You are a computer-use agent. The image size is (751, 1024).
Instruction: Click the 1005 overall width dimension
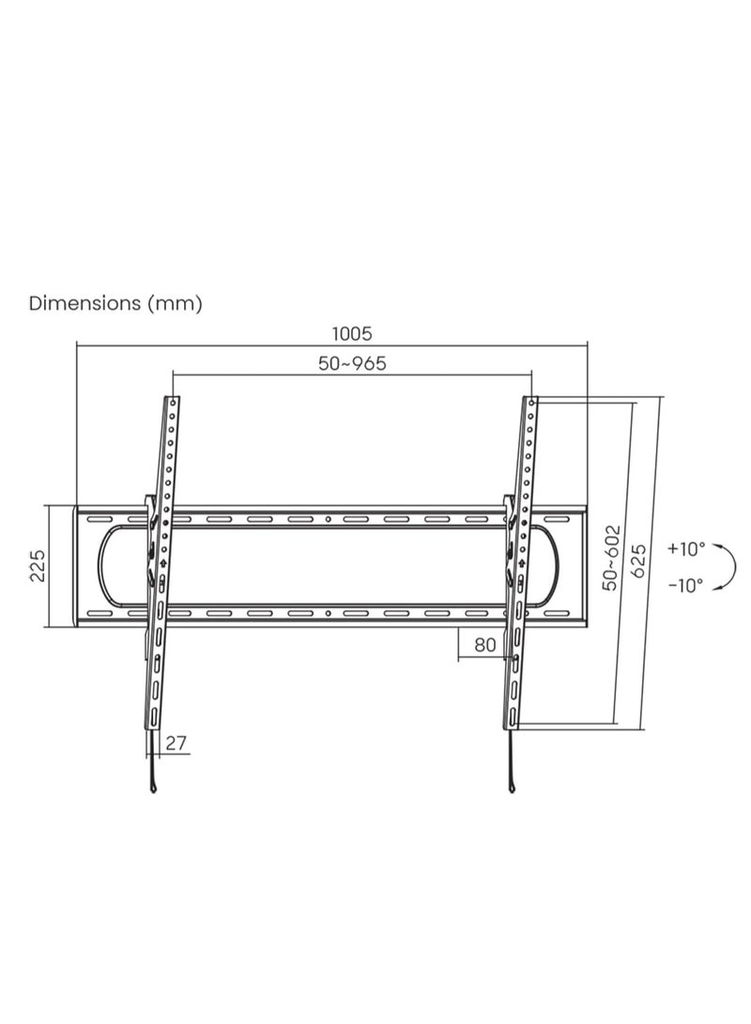tap(352, 333)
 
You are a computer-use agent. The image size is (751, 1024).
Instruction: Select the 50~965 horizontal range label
tap(352, 364)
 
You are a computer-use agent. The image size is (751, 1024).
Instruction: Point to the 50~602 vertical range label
tap(611, 557)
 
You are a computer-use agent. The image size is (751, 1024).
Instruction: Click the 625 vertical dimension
tap(638, 561)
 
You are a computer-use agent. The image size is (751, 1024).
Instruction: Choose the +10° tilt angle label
tap(686, 549)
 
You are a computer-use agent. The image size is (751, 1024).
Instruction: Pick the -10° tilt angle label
tap(686, 585)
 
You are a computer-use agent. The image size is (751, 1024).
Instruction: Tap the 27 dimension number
tap(176, 743)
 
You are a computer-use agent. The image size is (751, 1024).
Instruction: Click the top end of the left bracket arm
tap(174, 401)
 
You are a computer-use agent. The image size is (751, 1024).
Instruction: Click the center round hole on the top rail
tap(328, 519)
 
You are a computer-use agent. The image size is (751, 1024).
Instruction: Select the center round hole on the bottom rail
tap(328, 615)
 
